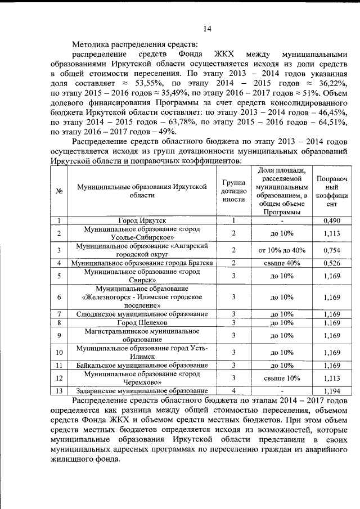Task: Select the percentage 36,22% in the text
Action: click(x=330, y=83)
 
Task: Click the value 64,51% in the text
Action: click(x=330, y=121)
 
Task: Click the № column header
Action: click(x=58, y=191)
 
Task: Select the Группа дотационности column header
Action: click(x=233, y=191)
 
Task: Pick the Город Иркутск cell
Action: click(x=142, y=220)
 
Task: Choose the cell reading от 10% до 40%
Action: click(x=282, y=250)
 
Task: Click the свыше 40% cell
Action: click(x=282, y=263)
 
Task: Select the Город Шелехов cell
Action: click(x=142, y=322)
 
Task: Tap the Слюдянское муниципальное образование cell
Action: click(x=142, y=313)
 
